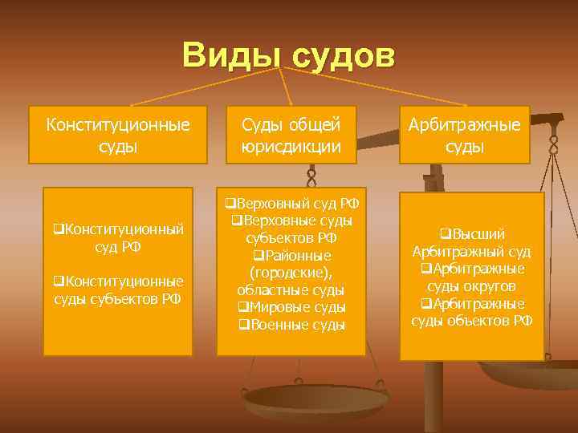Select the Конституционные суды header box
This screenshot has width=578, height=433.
pyautogui.click(x=118, y=135)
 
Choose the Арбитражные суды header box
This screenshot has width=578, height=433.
pyautogui.click(x=465, y=135)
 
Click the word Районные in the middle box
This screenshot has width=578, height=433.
pyautogui.click(x=292, y=255)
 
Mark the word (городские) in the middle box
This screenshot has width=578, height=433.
pyautogui.click(x=291, y=273)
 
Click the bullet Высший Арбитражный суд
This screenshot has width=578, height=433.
pyautogui.click(x=471, y=243)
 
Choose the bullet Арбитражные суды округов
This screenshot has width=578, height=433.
pyautogui.click(x=471, y=277)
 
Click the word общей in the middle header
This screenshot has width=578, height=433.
pyautogui.click(x=312, y=124)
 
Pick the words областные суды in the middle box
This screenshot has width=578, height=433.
pyautogui.click(x=291, y=289)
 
